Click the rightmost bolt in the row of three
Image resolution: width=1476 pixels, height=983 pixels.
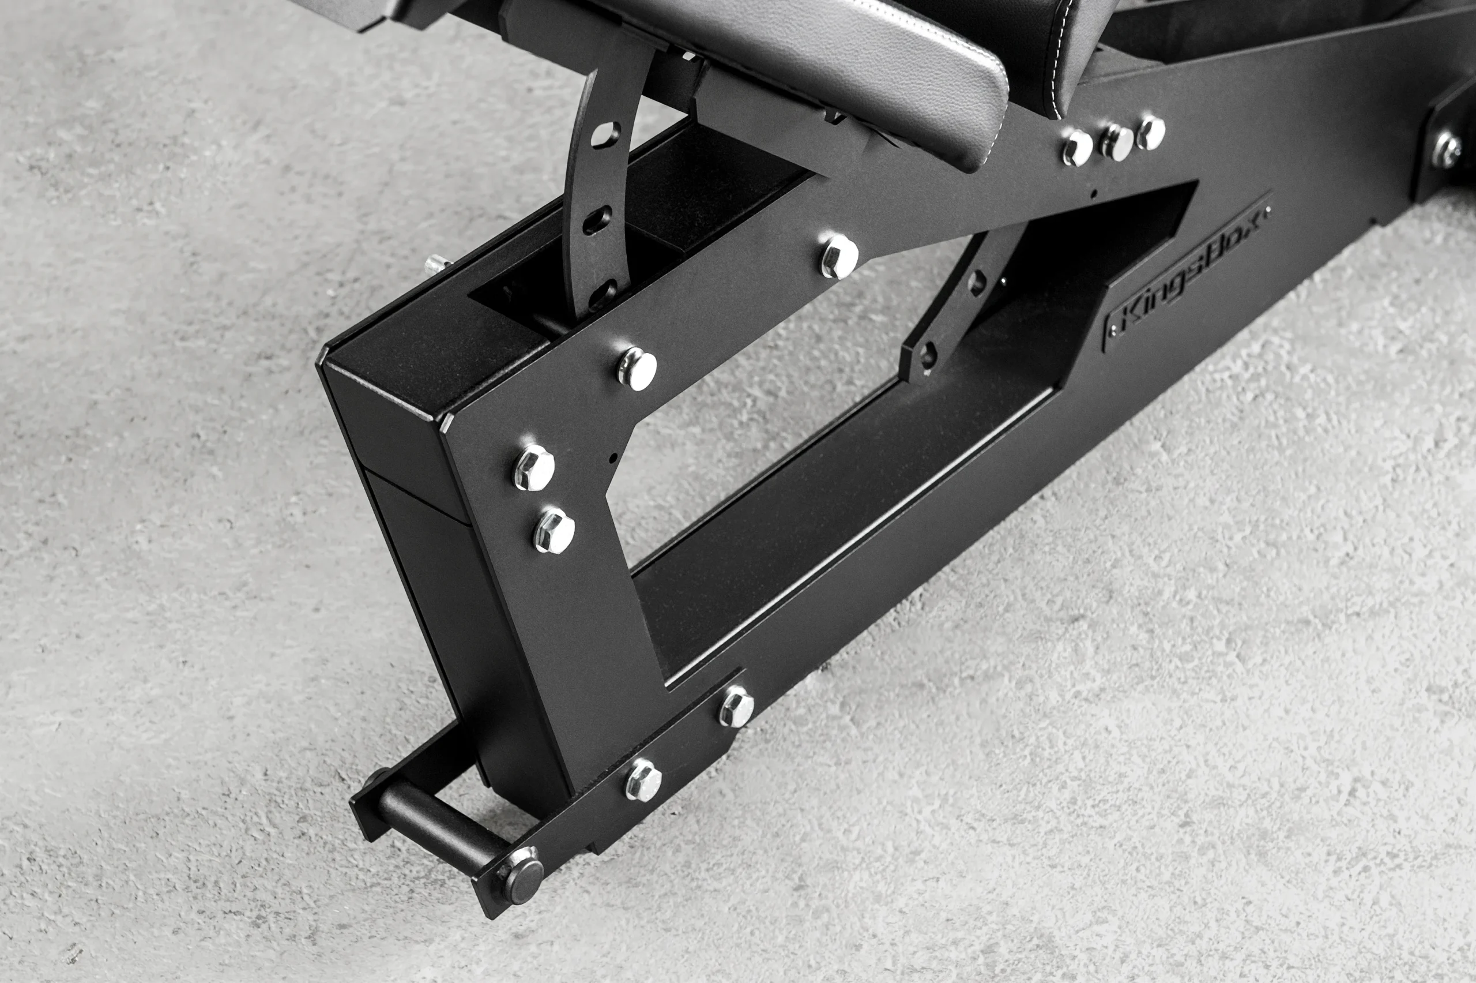coord(1151,133)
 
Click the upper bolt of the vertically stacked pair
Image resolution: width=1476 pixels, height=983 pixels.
coord(534,467)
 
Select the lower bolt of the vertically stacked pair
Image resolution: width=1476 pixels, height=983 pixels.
coord(554,530)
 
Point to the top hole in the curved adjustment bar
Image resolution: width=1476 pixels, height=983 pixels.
coord(605,133)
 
